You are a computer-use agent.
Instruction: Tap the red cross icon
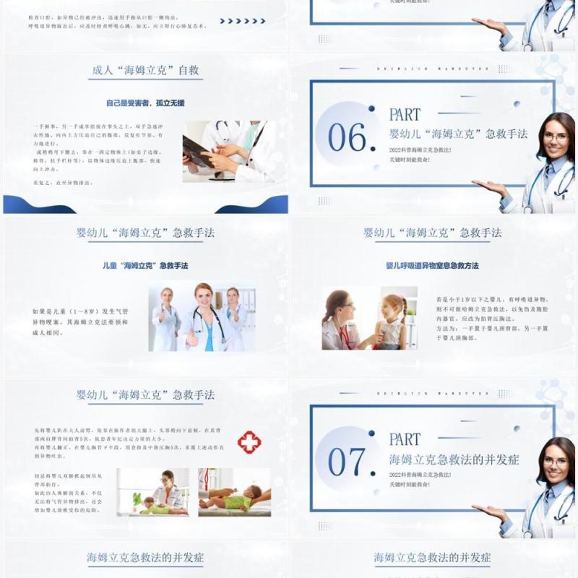tap(249, 442)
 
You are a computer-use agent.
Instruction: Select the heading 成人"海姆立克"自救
tap(146, 71)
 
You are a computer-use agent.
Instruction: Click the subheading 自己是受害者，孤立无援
tap(145, 103)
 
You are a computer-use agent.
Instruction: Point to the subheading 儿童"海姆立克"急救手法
tap(145, 266)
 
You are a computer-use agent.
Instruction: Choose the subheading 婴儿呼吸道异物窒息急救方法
tap(432, 266)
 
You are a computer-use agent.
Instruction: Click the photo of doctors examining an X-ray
tap(228, 151)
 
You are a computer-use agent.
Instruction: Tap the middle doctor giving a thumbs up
tap(204, 318)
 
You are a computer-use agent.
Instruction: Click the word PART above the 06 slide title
tap(405, 114)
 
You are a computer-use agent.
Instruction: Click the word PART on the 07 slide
tap(405, 439)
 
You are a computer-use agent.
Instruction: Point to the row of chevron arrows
tap(243, 21)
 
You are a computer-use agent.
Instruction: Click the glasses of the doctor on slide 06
tap(555, 137)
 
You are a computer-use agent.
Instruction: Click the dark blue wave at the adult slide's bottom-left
tap(29, 205)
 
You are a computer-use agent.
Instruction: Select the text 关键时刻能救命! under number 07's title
tap(409, 484)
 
